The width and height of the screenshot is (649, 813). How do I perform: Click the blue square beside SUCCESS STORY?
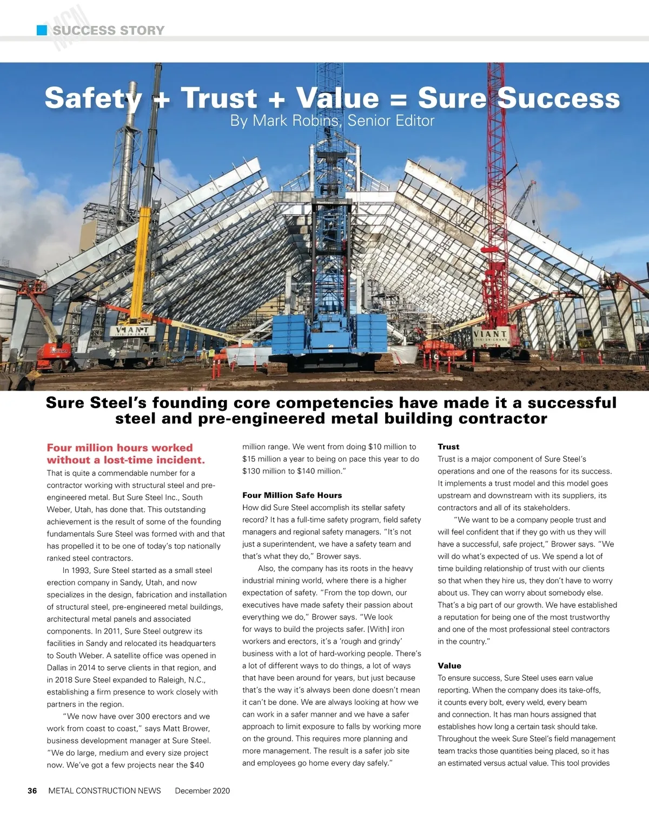pos(42,30)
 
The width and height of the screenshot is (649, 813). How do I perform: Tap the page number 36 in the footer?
pos(32,791)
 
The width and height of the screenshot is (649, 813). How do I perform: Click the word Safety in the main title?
pos(93,98)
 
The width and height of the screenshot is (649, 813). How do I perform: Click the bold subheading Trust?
pos(448,447)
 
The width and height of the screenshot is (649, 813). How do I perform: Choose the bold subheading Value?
pos(449,666)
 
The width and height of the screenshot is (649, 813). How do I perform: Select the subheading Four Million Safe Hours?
pos(292,495)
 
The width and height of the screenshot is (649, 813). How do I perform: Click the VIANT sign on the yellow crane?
pos(132,330)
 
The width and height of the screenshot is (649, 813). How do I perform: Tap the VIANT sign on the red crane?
pos(490,335)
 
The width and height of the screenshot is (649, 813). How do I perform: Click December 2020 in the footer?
pos(202,791)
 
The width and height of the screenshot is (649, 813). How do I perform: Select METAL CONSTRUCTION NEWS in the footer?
pos(104,791)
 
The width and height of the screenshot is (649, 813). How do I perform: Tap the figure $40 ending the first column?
pos(196,765)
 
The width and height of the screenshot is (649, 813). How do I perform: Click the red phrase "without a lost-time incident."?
pos(125,460)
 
